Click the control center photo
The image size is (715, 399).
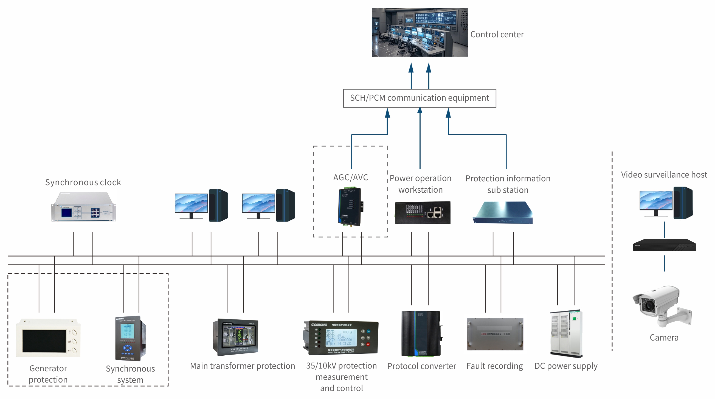coord(420,32)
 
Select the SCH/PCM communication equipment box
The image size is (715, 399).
coord(420,98)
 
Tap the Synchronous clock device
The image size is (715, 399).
coord(84,207)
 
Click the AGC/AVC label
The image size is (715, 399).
coord(351,178)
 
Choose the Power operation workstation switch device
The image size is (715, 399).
coord(423,213)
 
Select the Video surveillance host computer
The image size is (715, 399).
coord(666,203)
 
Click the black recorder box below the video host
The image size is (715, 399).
coord(664,245)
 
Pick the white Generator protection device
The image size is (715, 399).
coord(48,338)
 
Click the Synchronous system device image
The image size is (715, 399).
coord(130,338)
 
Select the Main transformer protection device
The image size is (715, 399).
coord(236,337)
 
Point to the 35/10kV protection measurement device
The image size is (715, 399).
coord(341,338)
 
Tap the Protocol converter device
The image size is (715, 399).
coord(421,334)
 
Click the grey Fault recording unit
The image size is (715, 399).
coord(495,334)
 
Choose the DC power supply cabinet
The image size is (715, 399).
coord(566,334)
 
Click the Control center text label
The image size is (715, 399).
coord(497,34)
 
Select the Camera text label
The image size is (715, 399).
coord(664,338)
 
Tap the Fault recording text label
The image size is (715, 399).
coord(495,366)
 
